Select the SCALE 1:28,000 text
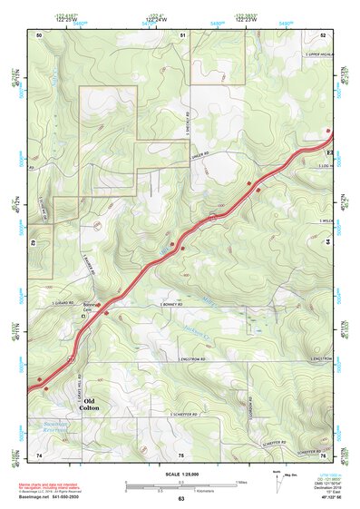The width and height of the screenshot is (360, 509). pos(180,475)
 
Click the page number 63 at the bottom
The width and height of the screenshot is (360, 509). pos(181,499)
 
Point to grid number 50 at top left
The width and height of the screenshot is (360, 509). pos(39,34)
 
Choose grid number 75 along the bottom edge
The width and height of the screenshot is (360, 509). pos(181,454)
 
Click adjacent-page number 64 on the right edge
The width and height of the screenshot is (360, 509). pos(326,242)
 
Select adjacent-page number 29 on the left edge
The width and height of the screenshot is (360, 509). pos(35,243)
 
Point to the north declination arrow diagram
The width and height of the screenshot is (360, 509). pos(287,479)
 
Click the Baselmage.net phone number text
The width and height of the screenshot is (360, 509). pos(50,496)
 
